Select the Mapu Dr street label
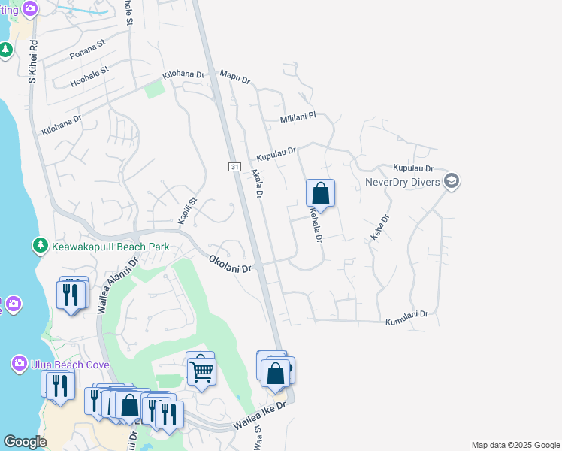(x=234, y=77)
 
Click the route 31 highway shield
(x=234, y=166)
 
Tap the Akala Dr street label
(x=257, y=183)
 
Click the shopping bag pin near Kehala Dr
(x=320, y=193)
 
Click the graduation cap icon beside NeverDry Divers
(x=452, y=181)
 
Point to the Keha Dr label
(x=380, y=228)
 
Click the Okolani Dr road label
(x=230, y=264)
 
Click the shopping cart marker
(x=201, y=370)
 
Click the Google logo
(x=26, y=442)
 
